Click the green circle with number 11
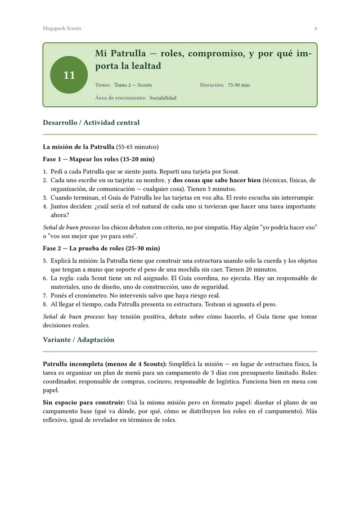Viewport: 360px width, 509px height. pyautogui.click(x=69, y=75)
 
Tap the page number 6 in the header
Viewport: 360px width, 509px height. pyautogui.click(x=316, y=28)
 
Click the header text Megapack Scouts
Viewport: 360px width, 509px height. pyautogui.click(x=62, y=28)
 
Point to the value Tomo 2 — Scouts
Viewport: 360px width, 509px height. pyautogui.click(x=133, y=85)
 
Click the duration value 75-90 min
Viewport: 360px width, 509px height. pyautogui.click(x=238, y=85)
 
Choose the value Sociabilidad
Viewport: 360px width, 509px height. pyautogui.click(x=163, y=98)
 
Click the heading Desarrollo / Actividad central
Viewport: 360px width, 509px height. pyautogui.click(x=91, y=122)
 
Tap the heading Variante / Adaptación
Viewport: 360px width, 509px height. pyautogui.click(x=78, y=339)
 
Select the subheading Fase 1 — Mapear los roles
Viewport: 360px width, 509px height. pyautogui.click(x=98, y=159)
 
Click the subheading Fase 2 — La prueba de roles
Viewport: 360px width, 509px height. pyautogui.click(x=101, y=248)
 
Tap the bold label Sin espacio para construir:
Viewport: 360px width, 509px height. pyautogui.click(x=83, y=403)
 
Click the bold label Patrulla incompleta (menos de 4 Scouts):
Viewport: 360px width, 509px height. pyautogui.click(x=105, y=364)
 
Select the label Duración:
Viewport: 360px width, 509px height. pyautogui.click(x=212, y=85)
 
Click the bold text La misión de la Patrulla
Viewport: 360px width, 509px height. pyautogui.click(x=79, y=147)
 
